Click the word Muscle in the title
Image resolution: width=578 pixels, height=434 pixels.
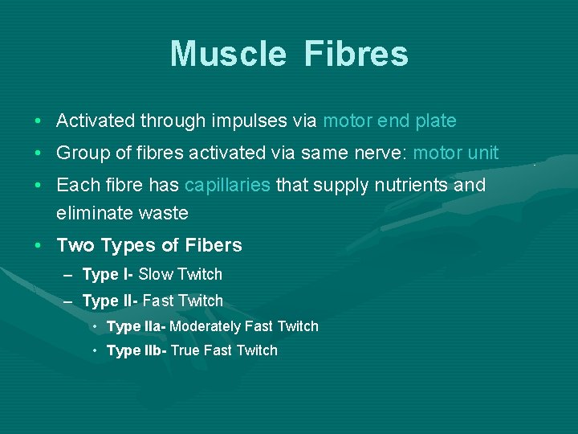[227, 55]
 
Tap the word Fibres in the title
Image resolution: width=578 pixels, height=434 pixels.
[356, 55]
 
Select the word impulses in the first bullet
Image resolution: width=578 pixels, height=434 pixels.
[250, 121]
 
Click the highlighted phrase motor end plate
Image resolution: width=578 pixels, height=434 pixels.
[389, 121]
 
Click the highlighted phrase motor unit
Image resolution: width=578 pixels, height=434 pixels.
[456, 153]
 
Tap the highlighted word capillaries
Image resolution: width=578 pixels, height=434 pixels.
[227, 185]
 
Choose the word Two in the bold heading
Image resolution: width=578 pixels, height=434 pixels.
[74, 245]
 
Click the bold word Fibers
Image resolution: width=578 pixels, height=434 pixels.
[211, 245]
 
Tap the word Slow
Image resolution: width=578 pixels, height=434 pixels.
[156, 274]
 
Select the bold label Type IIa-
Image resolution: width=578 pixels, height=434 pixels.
[136, 326]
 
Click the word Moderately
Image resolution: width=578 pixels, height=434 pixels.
[205, 326]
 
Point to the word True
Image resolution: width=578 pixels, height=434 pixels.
[185, 350]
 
